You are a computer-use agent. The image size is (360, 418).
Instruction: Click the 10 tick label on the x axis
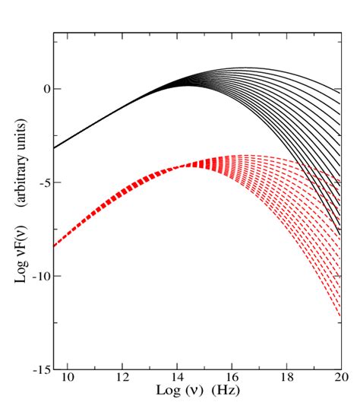click(68, 376)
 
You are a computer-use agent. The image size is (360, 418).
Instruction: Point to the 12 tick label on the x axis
click(122, 376)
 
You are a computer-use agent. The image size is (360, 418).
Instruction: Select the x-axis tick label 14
click(177, 376)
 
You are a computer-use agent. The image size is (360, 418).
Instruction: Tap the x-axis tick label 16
click(232, 376)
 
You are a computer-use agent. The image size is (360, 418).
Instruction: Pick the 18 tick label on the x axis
click(286, 376)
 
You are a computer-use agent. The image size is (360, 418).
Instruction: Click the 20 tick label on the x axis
click(341, 376)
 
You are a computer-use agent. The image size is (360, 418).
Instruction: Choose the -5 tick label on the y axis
click(43, 182)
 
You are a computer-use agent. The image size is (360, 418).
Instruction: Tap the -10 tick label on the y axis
click(40, 276)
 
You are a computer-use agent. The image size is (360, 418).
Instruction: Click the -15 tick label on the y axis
click(40, 369)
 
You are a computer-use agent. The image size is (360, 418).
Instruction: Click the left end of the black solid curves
click(55, 147)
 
